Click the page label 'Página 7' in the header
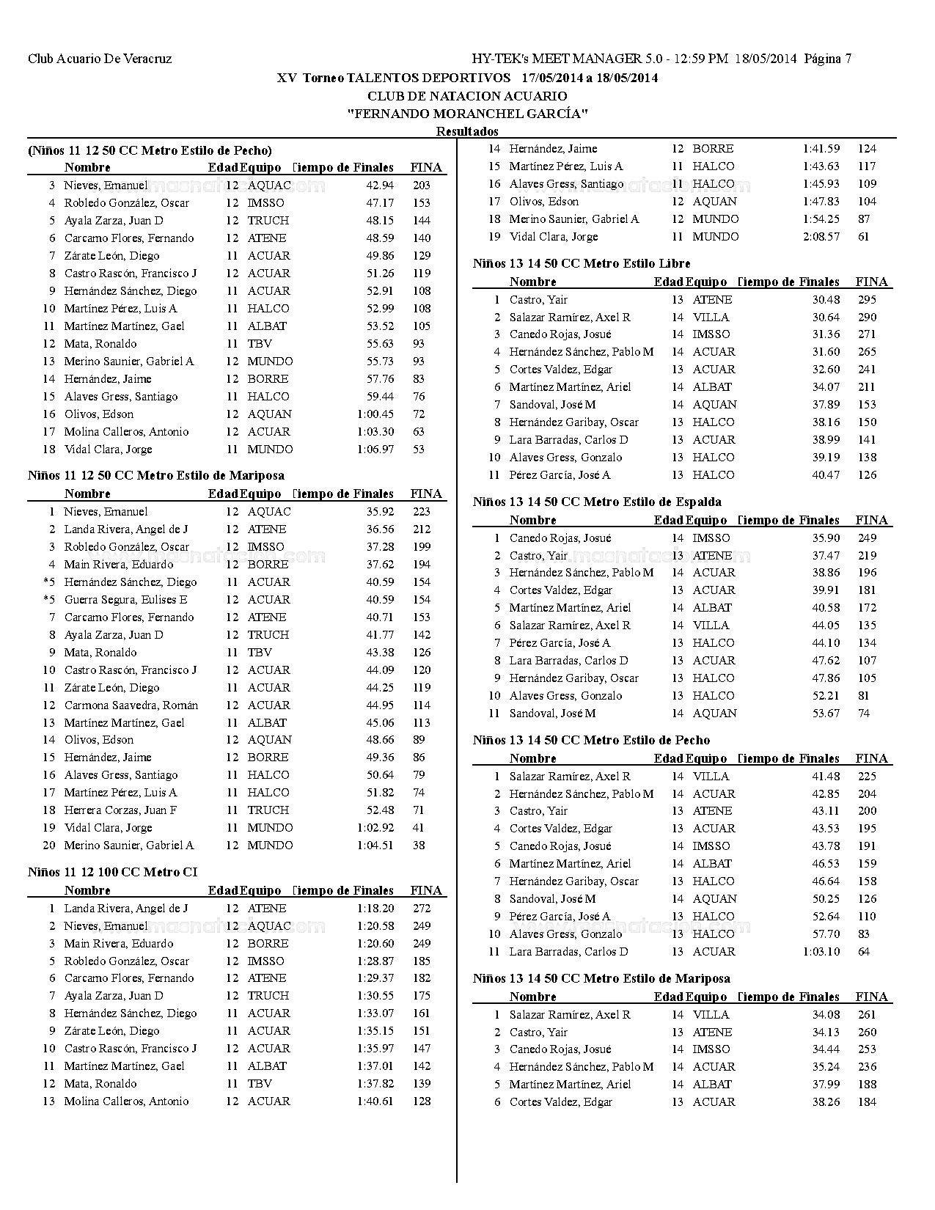coord(827,59)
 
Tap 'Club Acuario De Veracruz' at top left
coord(100,59)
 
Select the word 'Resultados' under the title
coord(467,131)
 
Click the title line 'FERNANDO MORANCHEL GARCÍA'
coord(467,114)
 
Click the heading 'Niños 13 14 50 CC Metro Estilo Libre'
coord(582,263)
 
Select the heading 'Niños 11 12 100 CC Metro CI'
coord(112,872)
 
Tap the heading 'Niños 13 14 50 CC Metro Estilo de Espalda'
coord(597,502)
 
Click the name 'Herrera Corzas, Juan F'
coord(120,810)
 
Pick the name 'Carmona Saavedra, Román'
coord(131,705)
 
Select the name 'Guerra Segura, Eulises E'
coord(125,599)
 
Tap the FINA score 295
coord(867,299)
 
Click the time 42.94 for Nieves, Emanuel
coord(380,185)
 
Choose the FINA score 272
coord(421,908)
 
